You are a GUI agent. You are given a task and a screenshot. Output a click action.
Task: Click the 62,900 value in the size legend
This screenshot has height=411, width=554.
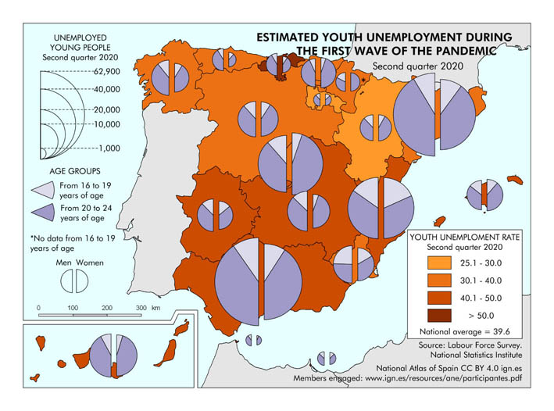pyautogui.click(x=106, y=71)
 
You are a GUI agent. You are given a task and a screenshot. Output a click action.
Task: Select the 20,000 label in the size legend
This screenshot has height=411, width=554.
pyautogui.click(x=106, y=110)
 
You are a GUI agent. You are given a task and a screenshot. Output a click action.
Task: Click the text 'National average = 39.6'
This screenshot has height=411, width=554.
pyautogui.click(x=465, y=333)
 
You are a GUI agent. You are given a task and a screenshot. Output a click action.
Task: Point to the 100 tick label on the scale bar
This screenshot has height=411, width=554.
pyautogui.click(x=73, y=308)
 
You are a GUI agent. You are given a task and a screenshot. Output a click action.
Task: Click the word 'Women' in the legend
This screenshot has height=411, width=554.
pyautogui.click(x=89, y=263)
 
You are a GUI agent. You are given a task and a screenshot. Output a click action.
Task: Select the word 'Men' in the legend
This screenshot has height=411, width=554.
pyautogui.click(x=64, y=263)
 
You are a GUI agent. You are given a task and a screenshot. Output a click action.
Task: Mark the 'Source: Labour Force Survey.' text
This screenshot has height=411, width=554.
pyautogui.click(x=470, y=345)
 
